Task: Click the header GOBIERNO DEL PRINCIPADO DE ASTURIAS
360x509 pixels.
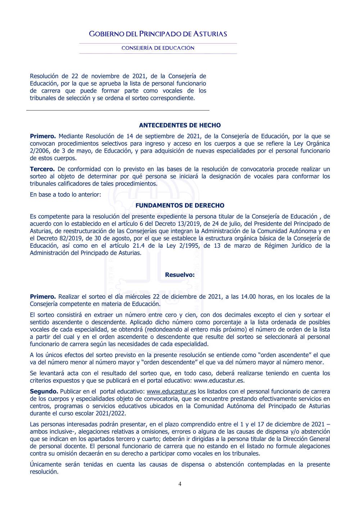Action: pyautogui.click(x=158, y=34)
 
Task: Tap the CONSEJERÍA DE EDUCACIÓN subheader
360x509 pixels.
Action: pyautogui.click(x=158, y=48)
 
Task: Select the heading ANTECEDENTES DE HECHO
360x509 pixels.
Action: pyautogui.click(x=180, y=125)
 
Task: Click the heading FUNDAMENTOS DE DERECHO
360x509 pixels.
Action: pyautogui.click(x=180, y=206)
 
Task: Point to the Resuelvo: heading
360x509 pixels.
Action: pyautogui.click(x=180, y=275)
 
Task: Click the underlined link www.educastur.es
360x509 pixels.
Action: pyautogui.click(x=171, y=392)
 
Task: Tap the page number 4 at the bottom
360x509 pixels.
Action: pyautogui.click(x=180, y=484)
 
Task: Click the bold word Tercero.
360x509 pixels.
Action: pyautogui.click(x=42, y=169)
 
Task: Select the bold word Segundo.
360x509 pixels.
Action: pyautogui.click(x=44, y=392)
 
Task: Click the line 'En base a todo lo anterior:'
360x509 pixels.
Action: pyautogui.click(x=66, y=195)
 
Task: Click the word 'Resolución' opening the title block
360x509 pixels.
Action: pyautogui.click(x=44, y=76)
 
